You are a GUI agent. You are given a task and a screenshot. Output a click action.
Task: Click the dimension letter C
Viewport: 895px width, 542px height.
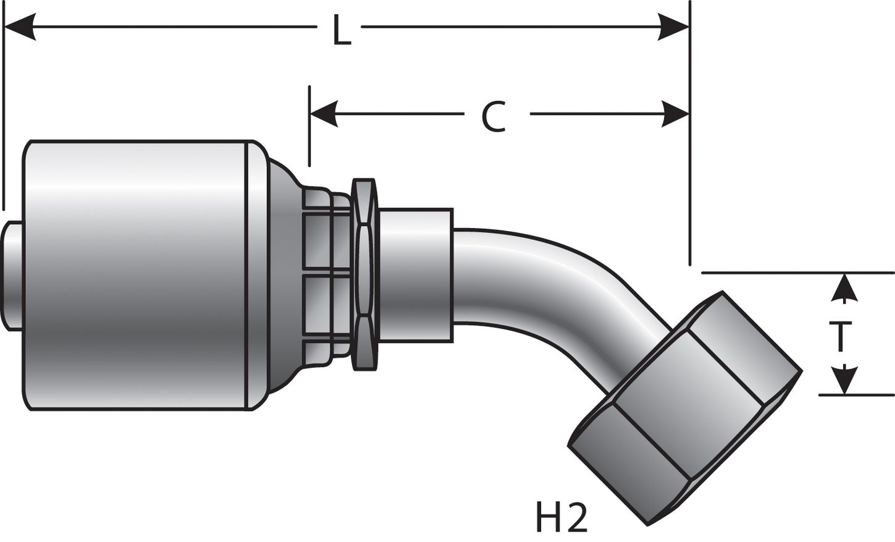tap(494, 117)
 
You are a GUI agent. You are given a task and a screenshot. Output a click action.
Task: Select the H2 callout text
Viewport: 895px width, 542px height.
tap(561, 519)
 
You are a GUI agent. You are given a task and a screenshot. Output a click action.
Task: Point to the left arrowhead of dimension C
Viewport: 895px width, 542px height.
tap(324, 114)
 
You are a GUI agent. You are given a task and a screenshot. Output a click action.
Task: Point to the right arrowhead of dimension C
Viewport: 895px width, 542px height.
tap(674, 114)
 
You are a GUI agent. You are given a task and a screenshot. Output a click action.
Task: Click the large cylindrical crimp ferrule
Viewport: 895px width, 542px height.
tap(136, 275)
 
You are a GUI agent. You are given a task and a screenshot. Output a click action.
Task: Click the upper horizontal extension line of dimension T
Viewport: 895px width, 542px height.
tap(797, 273)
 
